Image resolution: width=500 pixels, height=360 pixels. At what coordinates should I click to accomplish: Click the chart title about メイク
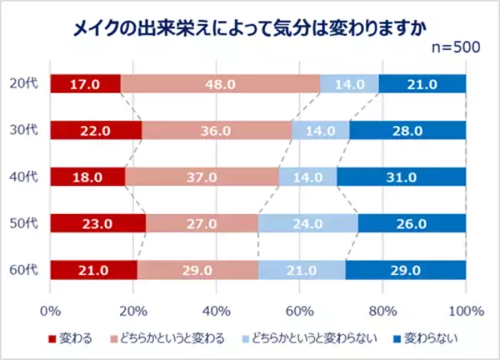point(249,27)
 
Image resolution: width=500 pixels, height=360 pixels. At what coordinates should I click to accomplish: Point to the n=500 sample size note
point(453,47)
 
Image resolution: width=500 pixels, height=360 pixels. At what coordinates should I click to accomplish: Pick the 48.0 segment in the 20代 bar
point(220,83)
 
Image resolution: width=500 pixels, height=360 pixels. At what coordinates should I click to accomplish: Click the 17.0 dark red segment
point(85,83)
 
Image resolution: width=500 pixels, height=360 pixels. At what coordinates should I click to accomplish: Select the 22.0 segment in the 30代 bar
point(96,130)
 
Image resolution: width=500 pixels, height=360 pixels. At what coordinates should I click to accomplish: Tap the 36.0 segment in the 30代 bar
point(217,130)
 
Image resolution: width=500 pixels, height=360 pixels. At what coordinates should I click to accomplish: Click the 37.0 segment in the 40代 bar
point(202,177)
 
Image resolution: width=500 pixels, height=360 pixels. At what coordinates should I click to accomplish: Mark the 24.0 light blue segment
point(308,224)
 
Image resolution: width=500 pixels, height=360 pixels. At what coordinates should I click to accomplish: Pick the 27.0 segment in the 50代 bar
point(202,224)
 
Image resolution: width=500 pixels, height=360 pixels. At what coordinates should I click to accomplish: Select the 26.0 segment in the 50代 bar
point(412,224)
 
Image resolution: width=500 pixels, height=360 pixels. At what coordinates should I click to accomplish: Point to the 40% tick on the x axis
point(217,311)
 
